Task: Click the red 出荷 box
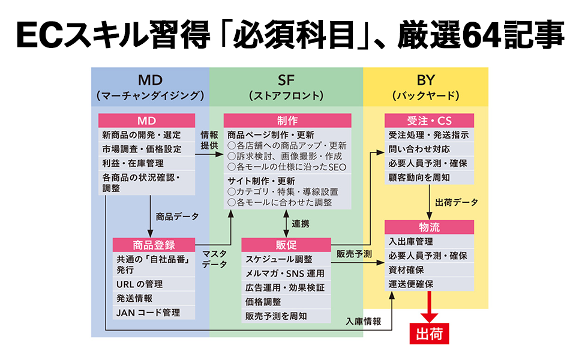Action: (429, 334)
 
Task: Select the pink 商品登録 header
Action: (154, 245)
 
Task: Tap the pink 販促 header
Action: (286, 245)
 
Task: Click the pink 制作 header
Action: (287, 120)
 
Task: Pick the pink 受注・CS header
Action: (429, 120)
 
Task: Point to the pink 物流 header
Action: (429, 227)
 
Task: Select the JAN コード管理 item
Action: (148, 313)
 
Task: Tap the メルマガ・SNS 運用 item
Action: (285, 274)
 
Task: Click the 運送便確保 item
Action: (412, 284)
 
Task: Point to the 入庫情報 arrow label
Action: (364, 321)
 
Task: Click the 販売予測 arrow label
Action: (354, 253)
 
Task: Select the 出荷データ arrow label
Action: (457, 202)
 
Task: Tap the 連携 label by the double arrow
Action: (301, 224)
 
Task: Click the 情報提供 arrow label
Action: (209, 140)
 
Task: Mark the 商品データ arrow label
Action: (177, 216)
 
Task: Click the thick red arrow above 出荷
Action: (429, 307)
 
